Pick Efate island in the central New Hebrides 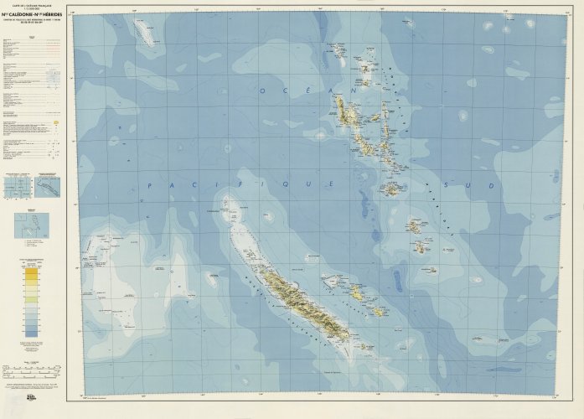click(x=391, y=189)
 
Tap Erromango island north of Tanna click(x=415, y=225)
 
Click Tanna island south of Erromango click(x=422, y=247)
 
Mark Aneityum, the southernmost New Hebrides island click(x=432, y=270)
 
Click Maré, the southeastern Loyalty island click(x=378, y=311)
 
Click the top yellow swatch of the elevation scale click(x=31, y=272)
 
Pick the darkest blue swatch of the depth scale click(x=31, y=333)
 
